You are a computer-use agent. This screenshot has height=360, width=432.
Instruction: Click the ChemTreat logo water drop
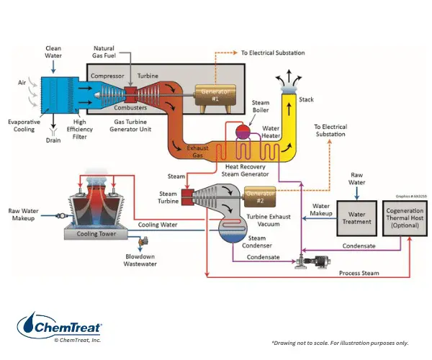click(x=30, y=325)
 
